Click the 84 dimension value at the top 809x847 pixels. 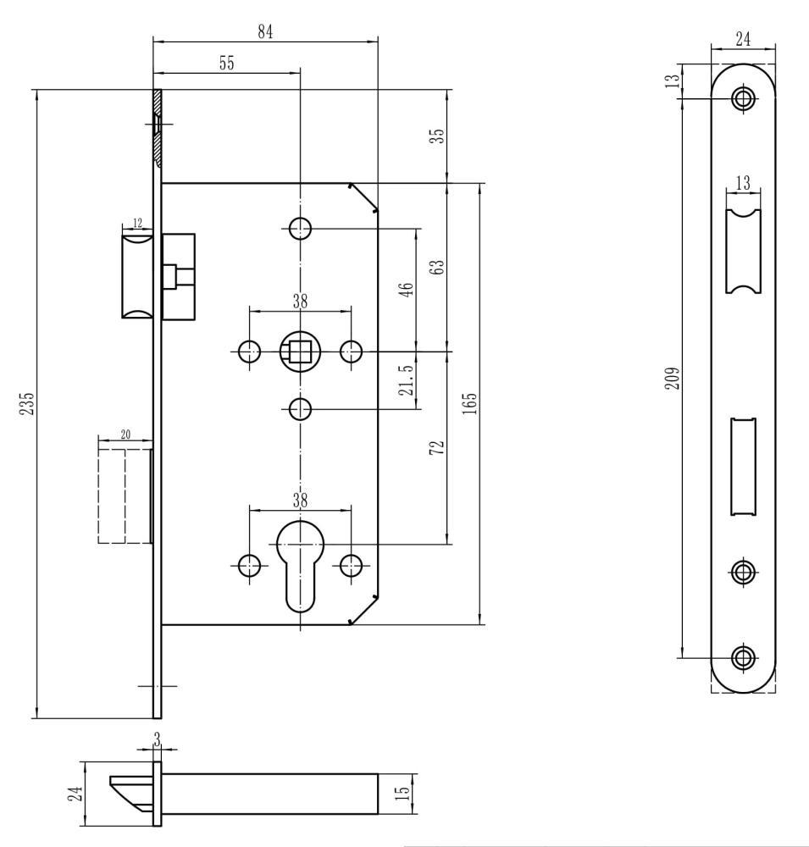click(x=265, y=32)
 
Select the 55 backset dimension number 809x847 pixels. click(x=227, y=64)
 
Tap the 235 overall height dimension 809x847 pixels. click(x=27, y=403)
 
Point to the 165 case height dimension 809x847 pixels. click(x=470, y=403)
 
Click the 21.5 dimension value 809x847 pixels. click(x=407, y=379)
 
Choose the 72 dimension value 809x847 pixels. click(x=437, y=447)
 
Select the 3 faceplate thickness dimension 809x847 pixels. click(x=157, y=740)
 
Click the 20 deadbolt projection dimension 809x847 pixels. click(x=125, y=435)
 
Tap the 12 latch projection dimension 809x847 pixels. click(x=137, y=223)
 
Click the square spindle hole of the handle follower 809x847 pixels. click(x=299, y=352)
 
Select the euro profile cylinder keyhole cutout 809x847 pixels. click(x=300, y=566)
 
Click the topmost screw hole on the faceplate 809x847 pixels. click(x=743, y=98)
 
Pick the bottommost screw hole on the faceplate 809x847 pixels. click(x=743, y=658)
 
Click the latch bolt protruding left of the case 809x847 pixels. click(x=138, y=275)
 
